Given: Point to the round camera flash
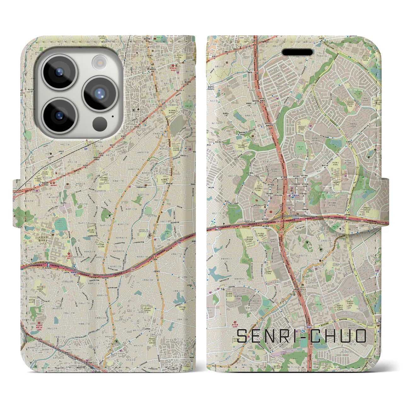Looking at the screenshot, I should (99, 62).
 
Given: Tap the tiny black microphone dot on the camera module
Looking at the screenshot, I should (112, 116).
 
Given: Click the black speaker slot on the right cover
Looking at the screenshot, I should (297, 52).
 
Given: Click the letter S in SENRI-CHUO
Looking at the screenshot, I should (243, 336).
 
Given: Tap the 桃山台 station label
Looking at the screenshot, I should (309, 328).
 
